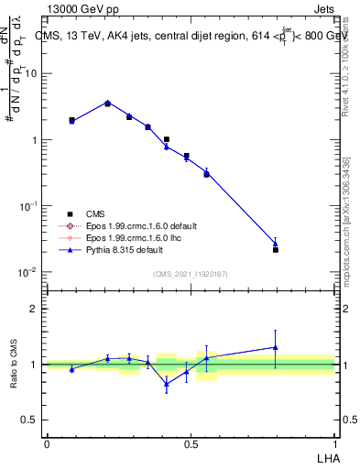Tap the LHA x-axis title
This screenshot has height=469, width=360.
[327, 456]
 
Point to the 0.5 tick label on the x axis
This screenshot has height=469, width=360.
[191, 443]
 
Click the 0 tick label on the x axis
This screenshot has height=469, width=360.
[47, 443]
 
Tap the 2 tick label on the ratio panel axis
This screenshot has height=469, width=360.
[34, 309]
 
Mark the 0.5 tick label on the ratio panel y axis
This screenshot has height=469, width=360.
[30, 420]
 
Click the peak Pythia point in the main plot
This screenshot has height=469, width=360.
[107, 103]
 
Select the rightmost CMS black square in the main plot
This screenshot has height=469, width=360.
[275, 249]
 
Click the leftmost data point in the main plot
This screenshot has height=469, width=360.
[71, 120]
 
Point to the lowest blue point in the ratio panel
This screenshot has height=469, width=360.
[167, 384]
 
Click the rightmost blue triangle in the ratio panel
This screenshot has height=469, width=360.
[275, 347]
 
